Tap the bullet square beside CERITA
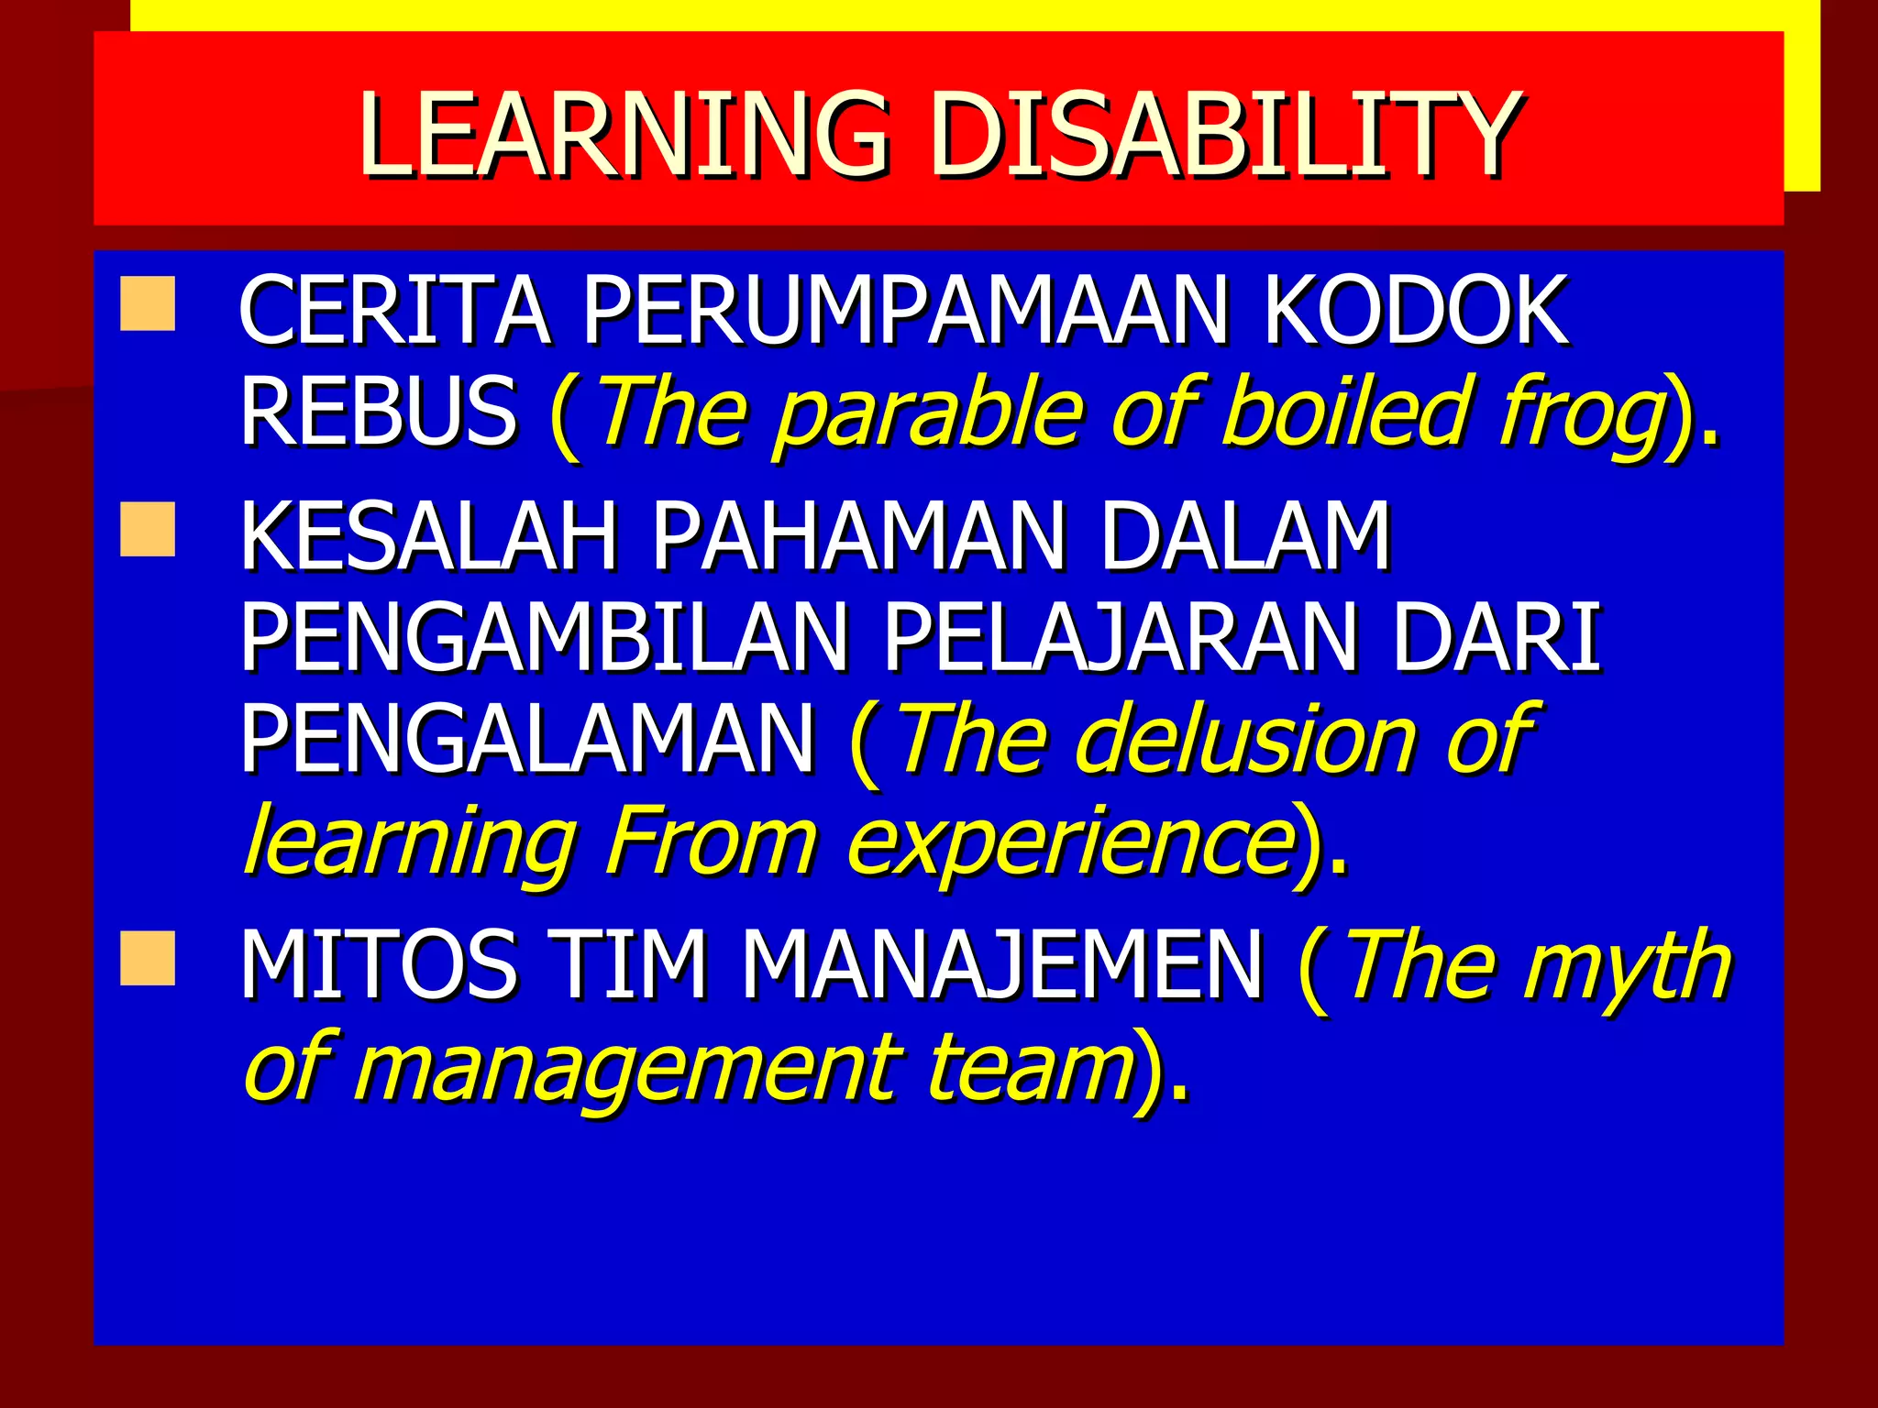pos(147,304)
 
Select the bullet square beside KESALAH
pos(147,529)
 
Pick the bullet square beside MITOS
pos(147,959)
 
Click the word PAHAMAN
pos(858,535)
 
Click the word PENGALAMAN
pos(527,739)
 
